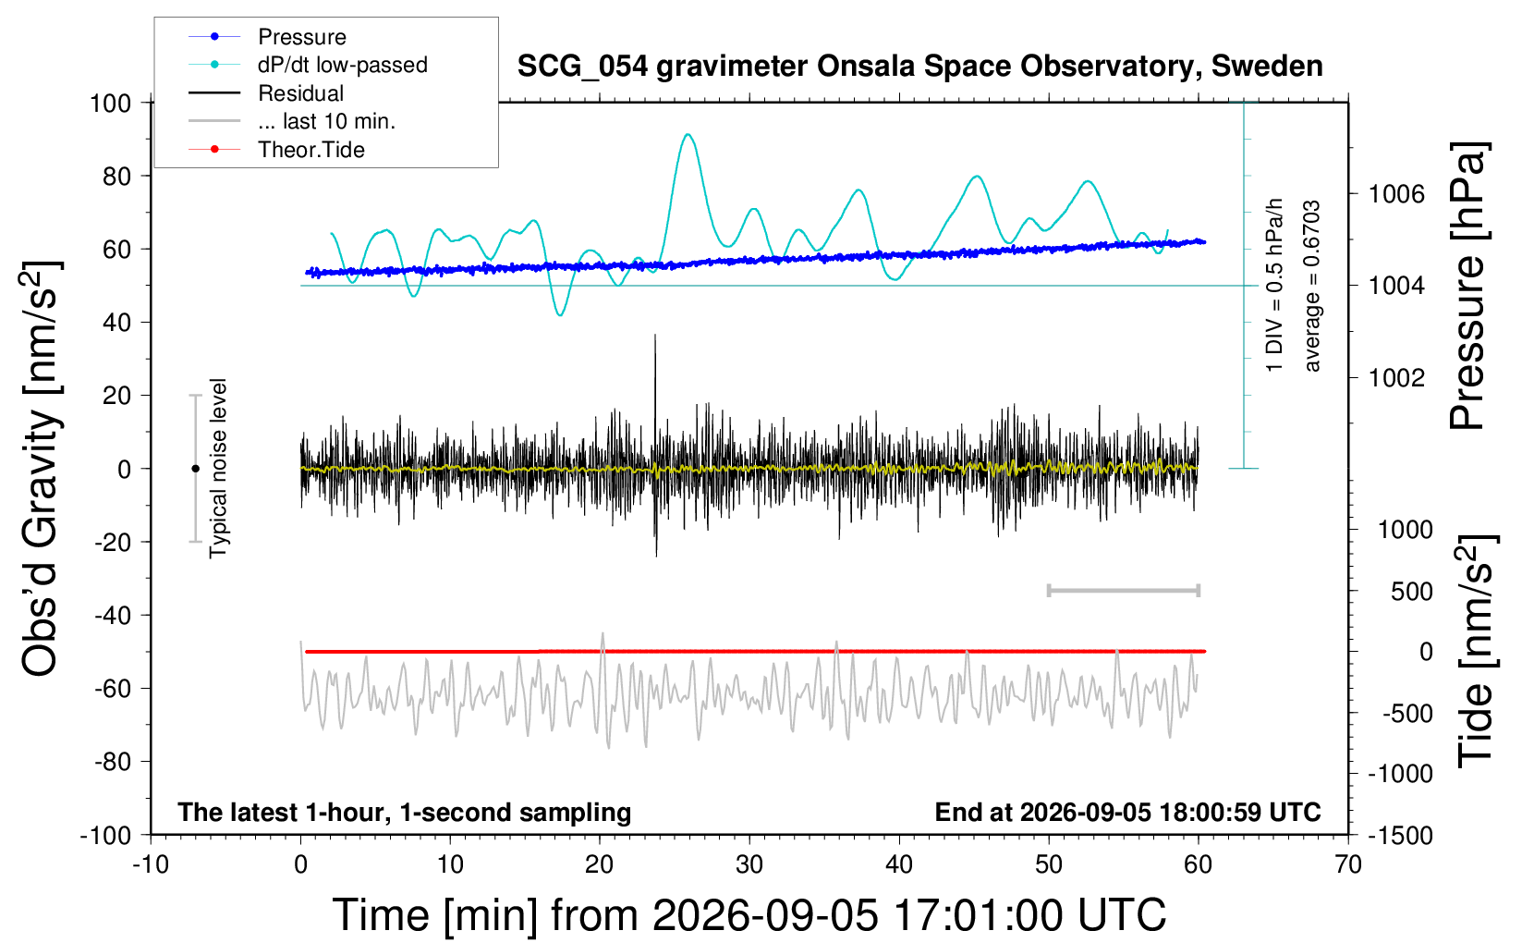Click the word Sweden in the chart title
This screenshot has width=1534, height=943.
click(1267, 66)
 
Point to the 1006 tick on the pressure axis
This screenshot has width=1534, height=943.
click(1396, 194)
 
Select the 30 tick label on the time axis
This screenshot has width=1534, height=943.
click(749, 864)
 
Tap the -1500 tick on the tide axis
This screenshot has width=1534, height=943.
click(1400, 836)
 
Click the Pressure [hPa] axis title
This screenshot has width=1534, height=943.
click(1469, 286)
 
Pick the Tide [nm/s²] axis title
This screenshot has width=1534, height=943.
click(1477, 652)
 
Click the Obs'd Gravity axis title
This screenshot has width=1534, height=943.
click(41, 469)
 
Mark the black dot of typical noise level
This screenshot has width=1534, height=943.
click(195, 469)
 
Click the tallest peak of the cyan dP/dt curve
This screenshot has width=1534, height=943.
click(688, 134)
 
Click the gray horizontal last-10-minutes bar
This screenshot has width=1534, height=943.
click(1123, 590)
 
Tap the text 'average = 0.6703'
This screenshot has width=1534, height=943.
click(1311, 286)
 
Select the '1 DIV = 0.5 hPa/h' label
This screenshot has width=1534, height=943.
click(1273, 286)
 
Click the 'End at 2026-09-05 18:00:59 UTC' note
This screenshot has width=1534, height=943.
click(1128, 812)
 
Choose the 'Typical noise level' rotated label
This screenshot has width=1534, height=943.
click(218, 469)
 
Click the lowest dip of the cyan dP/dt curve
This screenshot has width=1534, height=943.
click(561, 314)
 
